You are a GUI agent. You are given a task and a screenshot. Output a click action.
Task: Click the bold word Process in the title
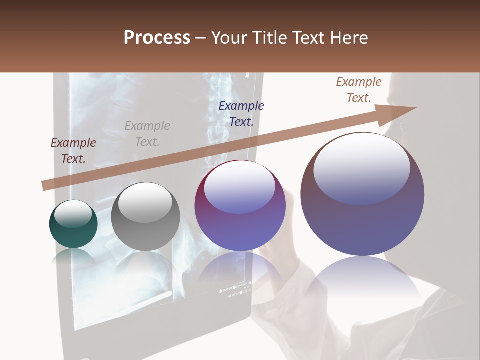click(x=157, y=38)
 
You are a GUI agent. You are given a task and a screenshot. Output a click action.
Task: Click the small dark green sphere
click(x=73, y=224)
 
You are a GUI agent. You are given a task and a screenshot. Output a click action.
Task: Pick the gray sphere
click(x=145, y=216)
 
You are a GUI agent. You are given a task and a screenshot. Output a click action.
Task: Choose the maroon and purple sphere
click(x=240, y=205)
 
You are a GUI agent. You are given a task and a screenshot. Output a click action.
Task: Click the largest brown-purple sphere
click(x=362, y=194)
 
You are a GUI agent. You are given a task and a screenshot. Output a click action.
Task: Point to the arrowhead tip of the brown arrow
click(x=416, y=108)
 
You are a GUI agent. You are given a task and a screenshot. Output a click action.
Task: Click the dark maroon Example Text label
click(x=73, y=151)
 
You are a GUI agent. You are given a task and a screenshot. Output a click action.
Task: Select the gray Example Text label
click(x=147, y=134)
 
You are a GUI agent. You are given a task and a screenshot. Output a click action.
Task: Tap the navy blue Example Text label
click(x=241, y=114)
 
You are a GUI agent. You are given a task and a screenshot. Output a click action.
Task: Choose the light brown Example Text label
click(x=359, y=90)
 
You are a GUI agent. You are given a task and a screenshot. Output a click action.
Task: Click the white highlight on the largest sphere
click(x=362, y=167)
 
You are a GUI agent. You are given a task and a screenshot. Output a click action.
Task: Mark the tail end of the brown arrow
click(x=44, y=185)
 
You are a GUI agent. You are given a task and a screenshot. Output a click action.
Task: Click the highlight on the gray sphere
click(x=145, y=202)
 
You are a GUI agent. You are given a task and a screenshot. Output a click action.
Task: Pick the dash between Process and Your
click(x=201, y=38)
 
